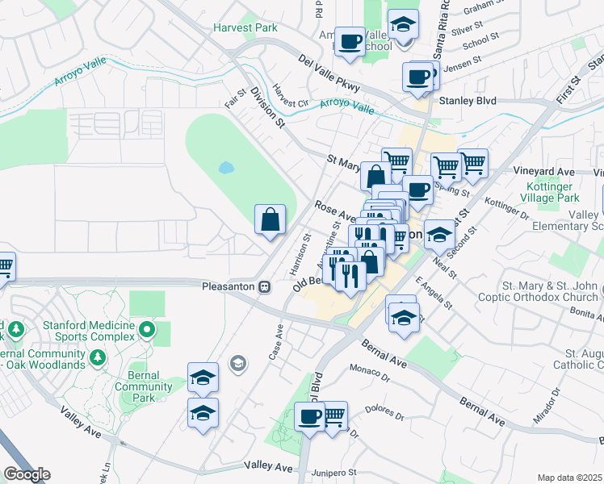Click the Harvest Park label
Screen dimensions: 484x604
(245, 27)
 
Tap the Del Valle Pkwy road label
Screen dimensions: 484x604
(328, 72)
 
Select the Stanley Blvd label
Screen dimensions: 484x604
(468, 101)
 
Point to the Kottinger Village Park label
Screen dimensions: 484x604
(550, 192)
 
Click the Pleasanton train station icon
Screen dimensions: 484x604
(264, 287)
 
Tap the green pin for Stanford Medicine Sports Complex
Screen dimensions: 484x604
(147, 328)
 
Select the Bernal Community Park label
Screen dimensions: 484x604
(144, 382)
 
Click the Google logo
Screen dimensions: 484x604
(27, 474)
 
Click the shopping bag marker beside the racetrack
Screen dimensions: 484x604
(270, 219)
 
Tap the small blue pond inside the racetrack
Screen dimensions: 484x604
(226, 169)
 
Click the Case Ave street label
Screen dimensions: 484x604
(275, 342)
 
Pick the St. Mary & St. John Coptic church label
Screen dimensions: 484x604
(550, 291)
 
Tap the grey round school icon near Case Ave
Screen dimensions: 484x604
(237, 364)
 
